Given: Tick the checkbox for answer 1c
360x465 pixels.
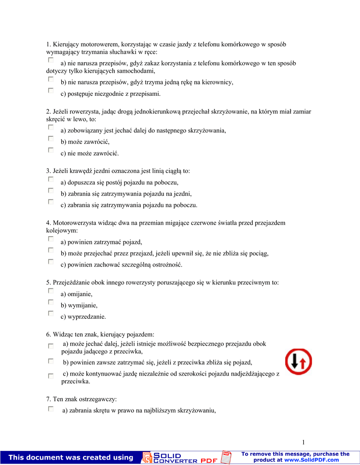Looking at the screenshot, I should pyautogui.click(x=51, y=90).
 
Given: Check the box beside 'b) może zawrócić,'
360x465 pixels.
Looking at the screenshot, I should pyautogui.click(x=51, y=139).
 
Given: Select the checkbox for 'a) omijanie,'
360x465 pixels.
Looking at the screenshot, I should pyautogui.click(x=51, y=291).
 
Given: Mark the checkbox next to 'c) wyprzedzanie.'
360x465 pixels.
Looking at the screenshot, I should pyautogui.click(x=51, y=313).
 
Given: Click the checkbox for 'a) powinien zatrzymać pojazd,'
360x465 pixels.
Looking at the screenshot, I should pyautogui.click(x=51, y=239).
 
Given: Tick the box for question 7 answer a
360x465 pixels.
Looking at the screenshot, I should pyautogui.click(x=51, y=409).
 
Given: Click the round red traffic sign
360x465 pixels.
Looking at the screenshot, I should pyautogui.click(x=298, y=361).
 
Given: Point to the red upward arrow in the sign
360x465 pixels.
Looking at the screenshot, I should pyautogui.click(x=304, y=362).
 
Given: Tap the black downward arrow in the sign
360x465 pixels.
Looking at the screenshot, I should pyautogui.click(x=294, y=361).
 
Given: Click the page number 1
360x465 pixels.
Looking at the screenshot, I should pyautogui.click(x=304, y=442).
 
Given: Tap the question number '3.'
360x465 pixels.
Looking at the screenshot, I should pyautogui.click(x=49, y=171).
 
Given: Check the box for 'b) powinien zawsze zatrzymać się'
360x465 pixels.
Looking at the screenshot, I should pyautogui.click(x=51, y=361).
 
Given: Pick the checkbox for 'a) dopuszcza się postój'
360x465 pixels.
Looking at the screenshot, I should pyautogui.click(x=51, y=179).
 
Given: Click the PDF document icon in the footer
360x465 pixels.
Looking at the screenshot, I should pyautogui.click(x=226, y=457).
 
